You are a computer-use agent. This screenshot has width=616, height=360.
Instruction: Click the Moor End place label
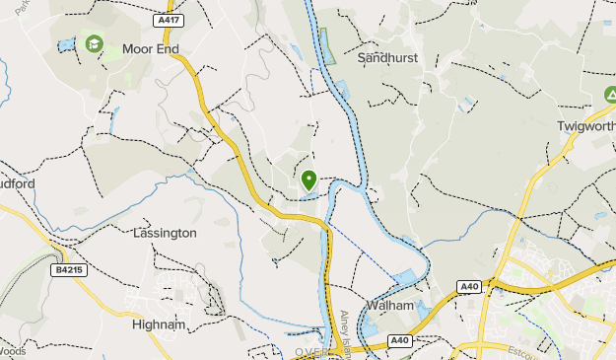point(150,48)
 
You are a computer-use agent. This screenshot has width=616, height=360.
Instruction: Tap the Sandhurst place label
point(387,58)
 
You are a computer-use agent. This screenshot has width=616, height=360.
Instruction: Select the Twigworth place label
point(586,127)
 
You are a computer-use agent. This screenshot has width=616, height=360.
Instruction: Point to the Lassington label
point(165,233)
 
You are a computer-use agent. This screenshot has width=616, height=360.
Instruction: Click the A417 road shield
point(169,20)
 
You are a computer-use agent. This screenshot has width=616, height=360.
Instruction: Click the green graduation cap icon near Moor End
point(94,44)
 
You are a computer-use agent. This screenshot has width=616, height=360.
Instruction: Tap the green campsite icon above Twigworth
point(610,95)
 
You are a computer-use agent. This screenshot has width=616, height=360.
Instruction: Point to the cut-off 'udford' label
point(18,183)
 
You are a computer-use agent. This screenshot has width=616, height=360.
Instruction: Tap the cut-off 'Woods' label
point(12,350)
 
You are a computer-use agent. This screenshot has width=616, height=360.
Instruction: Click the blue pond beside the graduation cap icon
point(66,45)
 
